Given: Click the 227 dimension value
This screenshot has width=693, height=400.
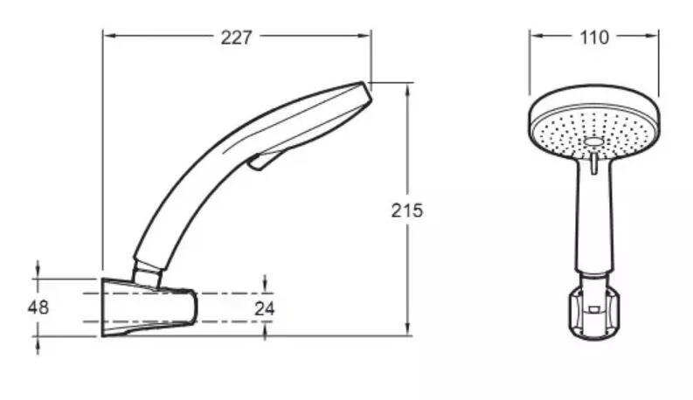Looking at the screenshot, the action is coord(236,38).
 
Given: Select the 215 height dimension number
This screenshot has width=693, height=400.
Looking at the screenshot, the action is coord(406,210).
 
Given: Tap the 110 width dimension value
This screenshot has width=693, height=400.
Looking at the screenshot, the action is coord(594,38).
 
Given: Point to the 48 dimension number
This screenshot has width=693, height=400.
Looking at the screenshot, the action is coord(38,307).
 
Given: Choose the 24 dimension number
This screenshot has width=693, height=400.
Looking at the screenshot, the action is coord(264,308).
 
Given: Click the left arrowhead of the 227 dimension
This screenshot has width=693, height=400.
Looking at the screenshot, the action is coord(109,36).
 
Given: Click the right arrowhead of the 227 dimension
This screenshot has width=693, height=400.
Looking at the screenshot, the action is coord(364,36).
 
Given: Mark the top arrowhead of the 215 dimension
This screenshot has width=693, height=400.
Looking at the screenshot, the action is coord(407,89).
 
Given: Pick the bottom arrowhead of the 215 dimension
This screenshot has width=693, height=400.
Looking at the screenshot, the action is coord(407,329).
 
